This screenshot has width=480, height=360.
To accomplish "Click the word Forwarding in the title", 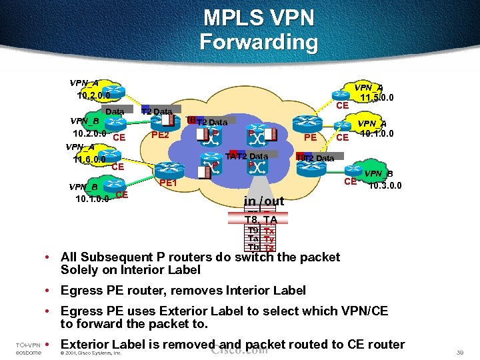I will pos(259,42).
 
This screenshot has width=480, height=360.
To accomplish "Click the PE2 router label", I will pos(160,135).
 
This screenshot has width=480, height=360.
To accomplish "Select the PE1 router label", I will pos(167,183).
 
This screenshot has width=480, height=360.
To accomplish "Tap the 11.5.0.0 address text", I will pos(377,98).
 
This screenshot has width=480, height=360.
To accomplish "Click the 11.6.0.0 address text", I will pos(89,160).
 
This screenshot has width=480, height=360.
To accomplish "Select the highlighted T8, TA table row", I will pos(261,219).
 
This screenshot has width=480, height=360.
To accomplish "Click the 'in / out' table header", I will pos(264,201).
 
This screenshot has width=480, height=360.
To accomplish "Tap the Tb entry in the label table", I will pos(253,247).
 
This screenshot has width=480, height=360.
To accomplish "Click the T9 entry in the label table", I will pos(253,231).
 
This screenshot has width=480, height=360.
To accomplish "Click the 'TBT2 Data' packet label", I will pos(207,122).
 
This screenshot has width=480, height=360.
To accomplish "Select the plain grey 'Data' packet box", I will pos(115,111).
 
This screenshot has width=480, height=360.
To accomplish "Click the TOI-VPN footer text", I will pos(29,345).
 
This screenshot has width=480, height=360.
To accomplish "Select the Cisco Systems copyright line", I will pos(91,353).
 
